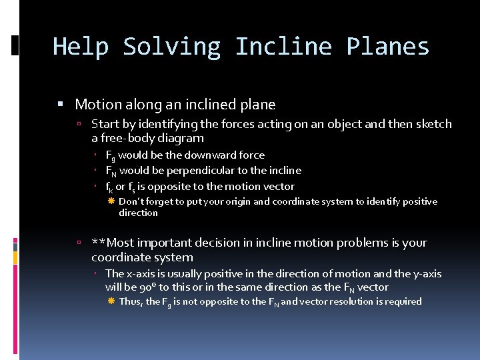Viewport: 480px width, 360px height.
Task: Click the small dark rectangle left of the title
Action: (x=15, y=45)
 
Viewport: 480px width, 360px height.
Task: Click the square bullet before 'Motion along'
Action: (x=61, y=105)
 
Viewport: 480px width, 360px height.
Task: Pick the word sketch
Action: (x=434, y=124)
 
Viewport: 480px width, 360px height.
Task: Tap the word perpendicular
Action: (x=190, y=171)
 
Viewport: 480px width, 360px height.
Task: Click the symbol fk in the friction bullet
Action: (x=109, y=187)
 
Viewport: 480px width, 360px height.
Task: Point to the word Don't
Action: (x=131, y=201)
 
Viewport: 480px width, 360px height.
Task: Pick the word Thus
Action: (x=131, y=301)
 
